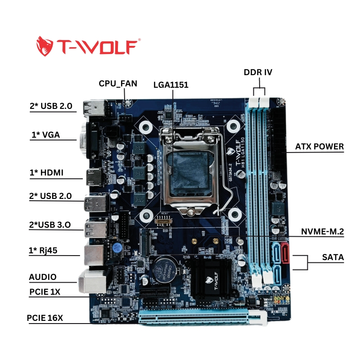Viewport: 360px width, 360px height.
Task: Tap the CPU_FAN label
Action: pyautogui.click(x=118, y=83)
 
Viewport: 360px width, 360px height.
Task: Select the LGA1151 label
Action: pyautogui.click(x=171, y=84)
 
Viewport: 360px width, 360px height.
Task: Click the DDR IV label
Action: pyautogui.click(x=258, y=72)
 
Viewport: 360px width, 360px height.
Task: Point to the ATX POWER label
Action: pyautogui.click(x=319, y=147)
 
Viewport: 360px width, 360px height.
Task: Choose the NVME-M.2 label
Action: pyautogui.click(x=322, y=232)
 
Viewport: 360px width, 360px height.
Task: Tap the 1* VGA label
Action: pyautogui.click(x=45, y=135)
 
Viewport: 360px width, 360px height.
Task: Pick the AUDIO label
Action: pyautogui.click(x=43, y=277)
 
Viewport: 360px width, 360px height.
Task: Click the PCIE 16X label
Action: pyautogui.click(x=45, y=318)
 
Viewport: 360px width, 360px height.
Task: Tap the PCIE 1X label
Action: pyautogui.click(x=45, y=292)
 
